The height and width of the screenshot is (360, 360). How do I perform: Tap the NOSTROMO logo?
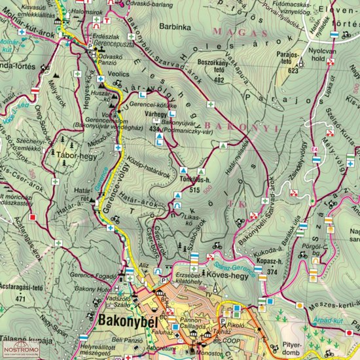(21, 351)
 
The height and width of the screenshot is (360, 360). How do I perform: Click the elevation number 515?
(192, 189)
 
